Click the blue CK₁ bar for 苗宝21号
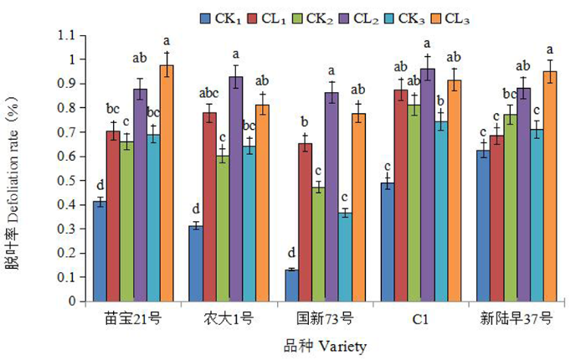(100, 250)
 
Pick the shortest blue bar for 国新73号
(291, 285)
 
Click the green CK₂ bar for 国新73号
(318, 244)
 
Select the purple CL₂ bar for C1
(427, 184)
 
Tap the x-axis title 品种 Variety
(323, 344)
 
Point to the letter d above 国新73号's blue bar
(290, 252)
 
